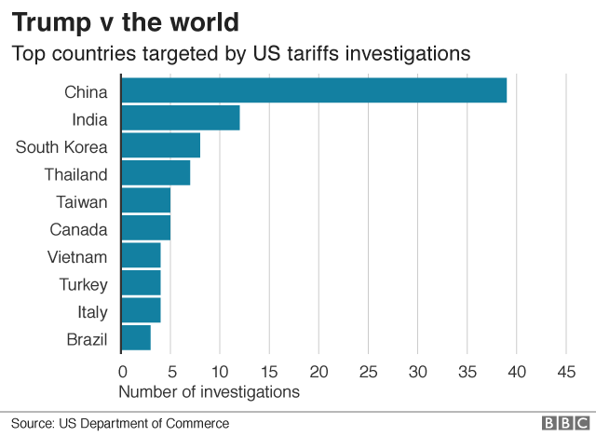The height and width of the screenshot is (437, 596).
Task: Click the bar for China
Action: click(314, 91)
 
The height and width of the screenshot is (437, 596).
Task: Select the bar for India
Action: click(181, 118)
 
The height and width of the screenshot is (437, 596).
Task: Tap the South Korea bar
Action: click(160, 146)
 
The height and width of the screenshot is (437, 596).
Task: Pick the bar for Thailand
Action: click(156, 173)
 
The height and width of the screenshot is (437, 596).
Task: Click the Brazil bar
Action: click(136, 337)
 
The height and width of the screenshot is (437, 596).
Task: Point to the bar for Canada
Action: click(146, 228)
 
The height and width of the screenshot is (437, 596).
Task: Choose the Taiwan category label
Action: click(82, 201)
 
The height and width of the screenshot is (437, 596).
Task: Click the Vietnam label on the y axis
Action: click(77, 256)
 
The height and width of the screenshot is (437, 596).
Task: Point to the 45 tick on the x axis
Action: click(566, 371)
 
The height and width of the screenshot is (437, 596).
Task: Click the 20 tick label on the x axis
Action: click(318, 371)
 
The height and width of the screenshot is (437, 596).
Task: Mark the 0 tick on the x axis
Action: click(121, 371)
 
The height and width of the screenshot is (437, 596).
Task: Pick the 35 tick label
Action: click(467, 371)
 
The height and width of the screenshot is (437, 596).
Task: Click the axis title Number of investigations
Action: click(210, 391)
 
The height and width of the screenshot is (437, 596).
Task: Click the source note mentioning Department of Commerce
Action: click(120, 423)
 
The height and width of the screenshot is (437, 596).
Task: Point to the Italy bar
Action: click(141, 310)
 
